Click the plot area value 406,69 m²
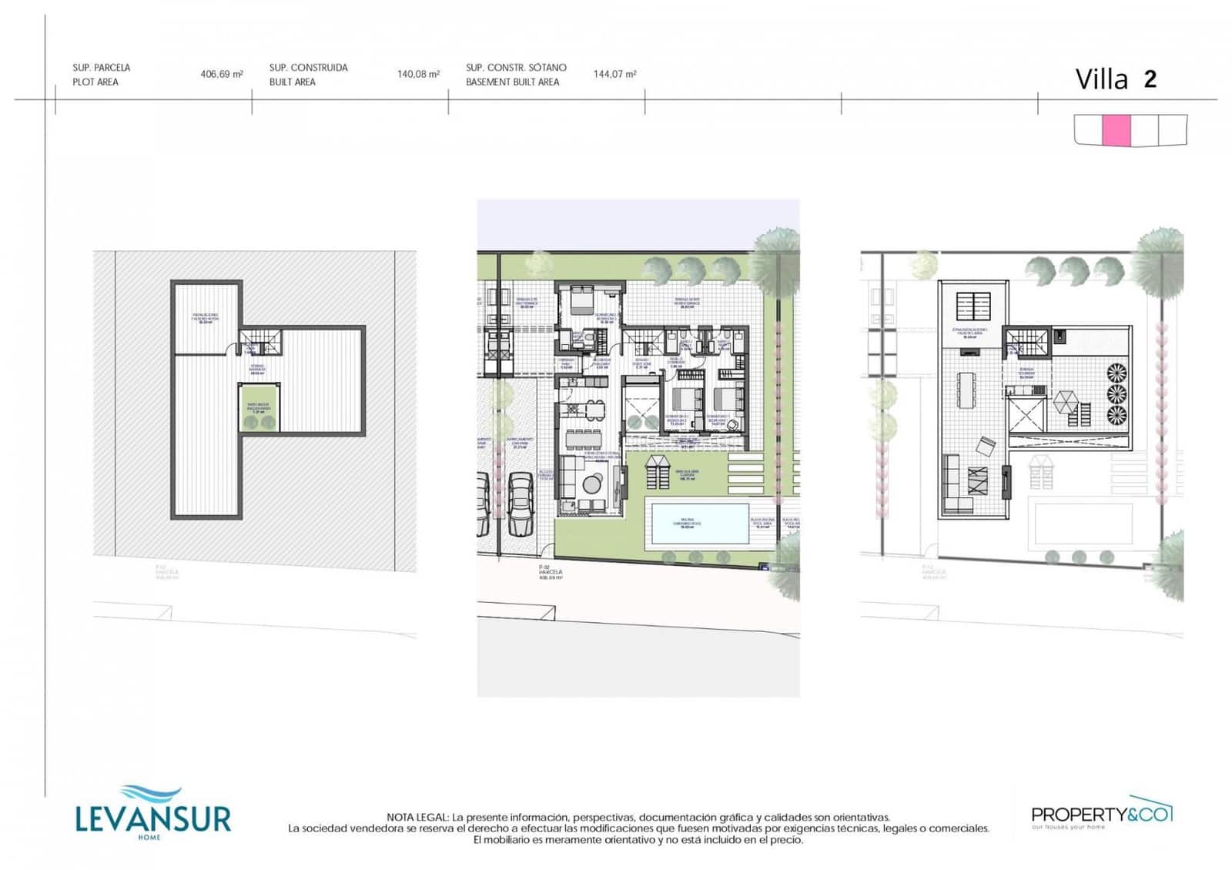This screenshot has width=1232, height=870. [x=222, y=75]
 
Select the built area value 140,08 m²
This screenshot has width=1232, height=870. [x=418, y=75]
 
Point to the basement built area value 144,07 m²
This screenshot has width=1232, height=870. [x=614, y=75]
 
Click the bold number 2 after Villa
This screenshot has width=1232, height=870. [x=1150, y=79]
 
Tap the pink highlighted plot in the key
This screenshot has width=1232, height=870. [x=1116, y=130]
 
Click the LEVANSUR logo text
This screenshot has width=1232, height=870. [x=153, y=818]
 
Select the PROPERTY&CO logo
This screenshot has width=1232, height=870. [x=1101, y=815]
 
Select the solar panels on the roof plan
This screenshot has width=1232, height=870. [x=974, y=306]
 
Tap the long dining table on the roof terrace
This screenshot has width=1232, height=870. [x=966, y=390]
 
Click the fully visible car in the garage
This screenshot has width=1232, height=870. [x=521, y=504]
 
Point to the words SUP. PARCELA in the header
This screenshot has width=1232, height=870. [x=102, y=68]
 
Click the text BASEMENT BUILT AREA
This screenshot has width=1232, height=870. [x=512, y=82]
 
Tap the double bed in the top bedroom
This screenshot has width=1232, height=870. [x=581, y=299]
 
